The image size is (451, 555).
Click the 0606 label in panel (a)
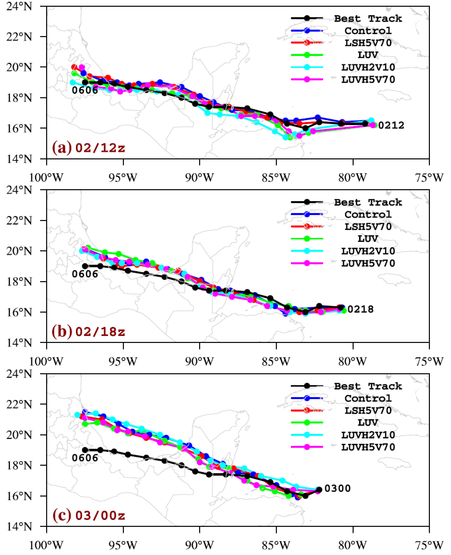(85, 90)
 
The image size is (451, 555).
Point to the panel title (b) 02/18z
(88, 332)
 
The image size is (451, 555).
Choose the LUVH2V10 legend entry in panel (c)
(368, 435)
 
